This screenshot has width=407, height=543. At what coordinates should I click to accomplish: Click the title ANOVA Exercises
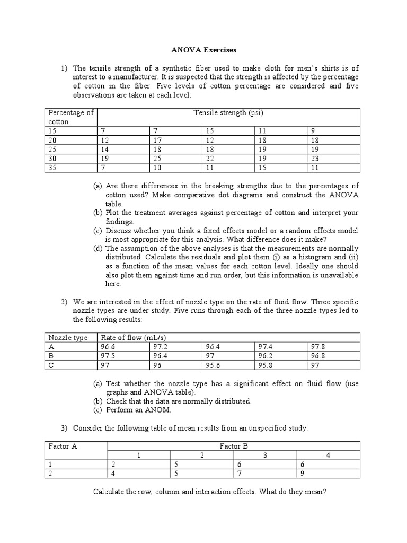click(203, 50)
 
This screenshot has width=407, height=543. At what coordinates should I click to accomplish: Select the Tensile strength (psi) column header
click(228, 112)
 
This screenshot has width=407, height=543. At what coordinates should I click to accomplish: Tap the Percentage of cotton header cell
click(71, 117)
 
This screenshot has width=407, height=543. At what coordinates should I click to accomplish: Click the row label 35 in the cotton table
click(52, 168)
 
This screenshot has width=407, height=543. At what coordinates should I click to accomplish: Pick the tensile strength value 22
click(210, 159)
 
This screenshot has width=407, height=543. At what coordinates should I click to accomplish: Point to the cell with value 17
click(157, 140)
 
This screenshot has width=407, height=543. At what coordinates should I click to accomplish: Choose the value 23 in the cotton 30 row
click(315, 159)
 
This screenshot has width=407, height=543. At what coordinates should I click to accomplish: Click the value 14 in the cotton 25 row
click(105, 150)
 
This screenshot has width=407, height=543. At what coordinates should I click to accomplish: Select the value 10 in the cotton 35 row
click(157, 168)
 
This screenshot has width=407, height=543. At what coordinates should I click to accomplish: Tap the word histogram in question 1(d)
click(297, 257)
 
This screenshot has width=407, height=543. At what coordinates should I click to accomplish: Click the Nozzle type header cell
click(68, 338)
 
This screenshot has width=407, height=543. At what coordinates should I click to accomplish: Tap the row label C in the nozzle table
click(51, 365)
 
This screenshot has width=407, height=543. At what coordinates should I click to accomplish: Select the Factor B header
click(234, 446)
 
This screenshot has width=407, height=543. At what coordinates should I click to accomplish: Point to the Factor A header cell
click(63, 446)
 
